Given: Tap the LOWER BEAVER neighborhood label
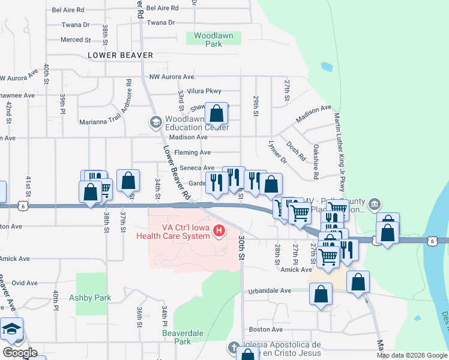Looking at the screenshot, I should tap(120, 55).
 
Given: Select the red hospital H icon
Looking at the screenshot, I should tap(219, 230).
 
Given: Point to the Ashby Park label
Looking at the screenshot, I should tap(90, 298).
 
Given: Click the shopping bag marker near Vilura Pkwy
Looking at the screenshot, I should tap(217, 113).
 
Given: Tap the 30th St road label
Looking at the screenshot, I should tap(241, 248).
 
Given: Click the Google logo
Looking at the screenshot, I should tap(20, 353).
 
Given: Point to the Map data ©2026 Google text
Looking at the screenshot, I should tap(412, 355).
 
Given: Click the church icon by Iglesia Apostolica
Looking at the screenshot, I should tap(234, 347).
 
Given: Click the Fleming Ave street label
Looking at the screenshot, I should tap(192, 153).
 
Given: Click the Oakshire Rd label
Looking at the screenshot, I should tap(315, 161).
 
